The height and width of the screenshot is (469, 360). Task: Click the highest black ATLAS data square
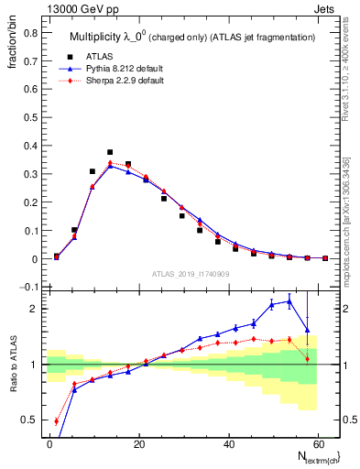[x=110, y=152]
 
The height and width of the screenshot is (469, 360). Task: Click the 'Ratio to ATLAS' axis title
[x=12, y=364]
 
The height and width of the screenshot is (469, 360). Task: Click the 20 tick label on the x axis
[x=138, y=443]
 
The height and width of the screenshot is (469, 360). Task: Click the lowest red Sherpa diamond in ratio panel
[x=57, y=421]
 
